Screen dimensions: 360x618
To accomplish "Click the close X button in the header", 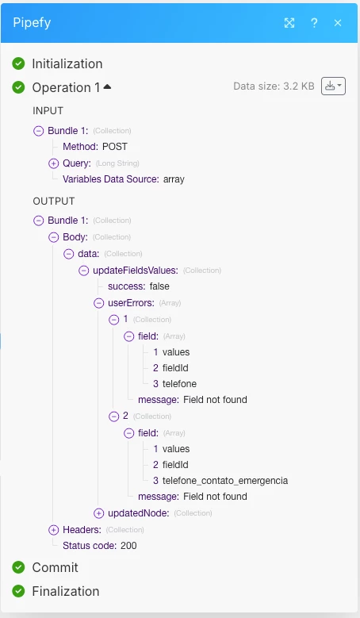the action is click(x=338, y=23).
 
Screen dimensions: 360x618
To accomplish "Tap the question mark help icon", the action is click(x=314, y=23).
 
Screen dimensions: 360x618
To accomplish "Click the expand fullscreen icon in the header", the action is click(x=289, y=23).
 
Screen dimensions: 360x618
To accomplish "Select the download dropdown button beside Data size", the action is click(x=333, y=86).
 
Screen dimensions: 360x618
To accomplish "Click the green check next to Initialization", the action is click(x=18, y=63).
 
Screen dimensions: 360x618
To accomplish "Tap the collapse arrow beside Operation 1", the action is click(x=107, y=86).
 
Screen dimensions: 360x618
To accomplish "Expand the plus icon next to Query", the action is click(x=54, y=163).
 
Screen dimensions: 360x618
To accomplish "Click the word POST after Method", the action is click(x=115, y=147).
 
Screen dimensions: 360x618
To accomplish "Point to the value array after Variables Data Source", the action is click(x=174, y=179).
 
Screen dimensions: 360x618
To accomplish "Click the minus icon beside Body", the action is click(x=54, y=237).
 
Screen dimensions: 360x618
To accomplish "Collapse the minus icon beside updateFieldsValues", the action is click(x=83, y=271).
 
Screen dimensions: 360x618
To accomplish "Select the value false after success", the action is click(x=159, y=286).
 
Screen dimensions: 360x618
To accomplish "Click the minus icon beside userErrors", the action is click(x=98, y=303).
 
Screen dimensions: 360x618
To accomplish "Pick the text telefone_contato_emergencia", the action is click(x=225, y=481).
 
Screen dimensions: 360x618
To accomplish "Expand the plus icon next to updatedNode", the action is click(x=98, y=513).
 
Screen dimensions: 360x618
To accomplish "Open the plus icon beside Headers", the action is click(x=54, y=530).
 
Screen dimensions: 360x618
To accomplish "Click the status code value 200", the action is click(x=128, y=546).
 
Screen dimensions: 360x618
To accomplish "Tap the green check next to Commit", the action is click(x=18, y=567).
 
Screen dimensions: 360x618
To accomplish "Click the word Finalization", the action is click(x=66, y=591).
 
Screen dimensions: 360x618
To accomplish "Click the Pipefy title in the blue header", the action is click(x=32, y=23).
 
